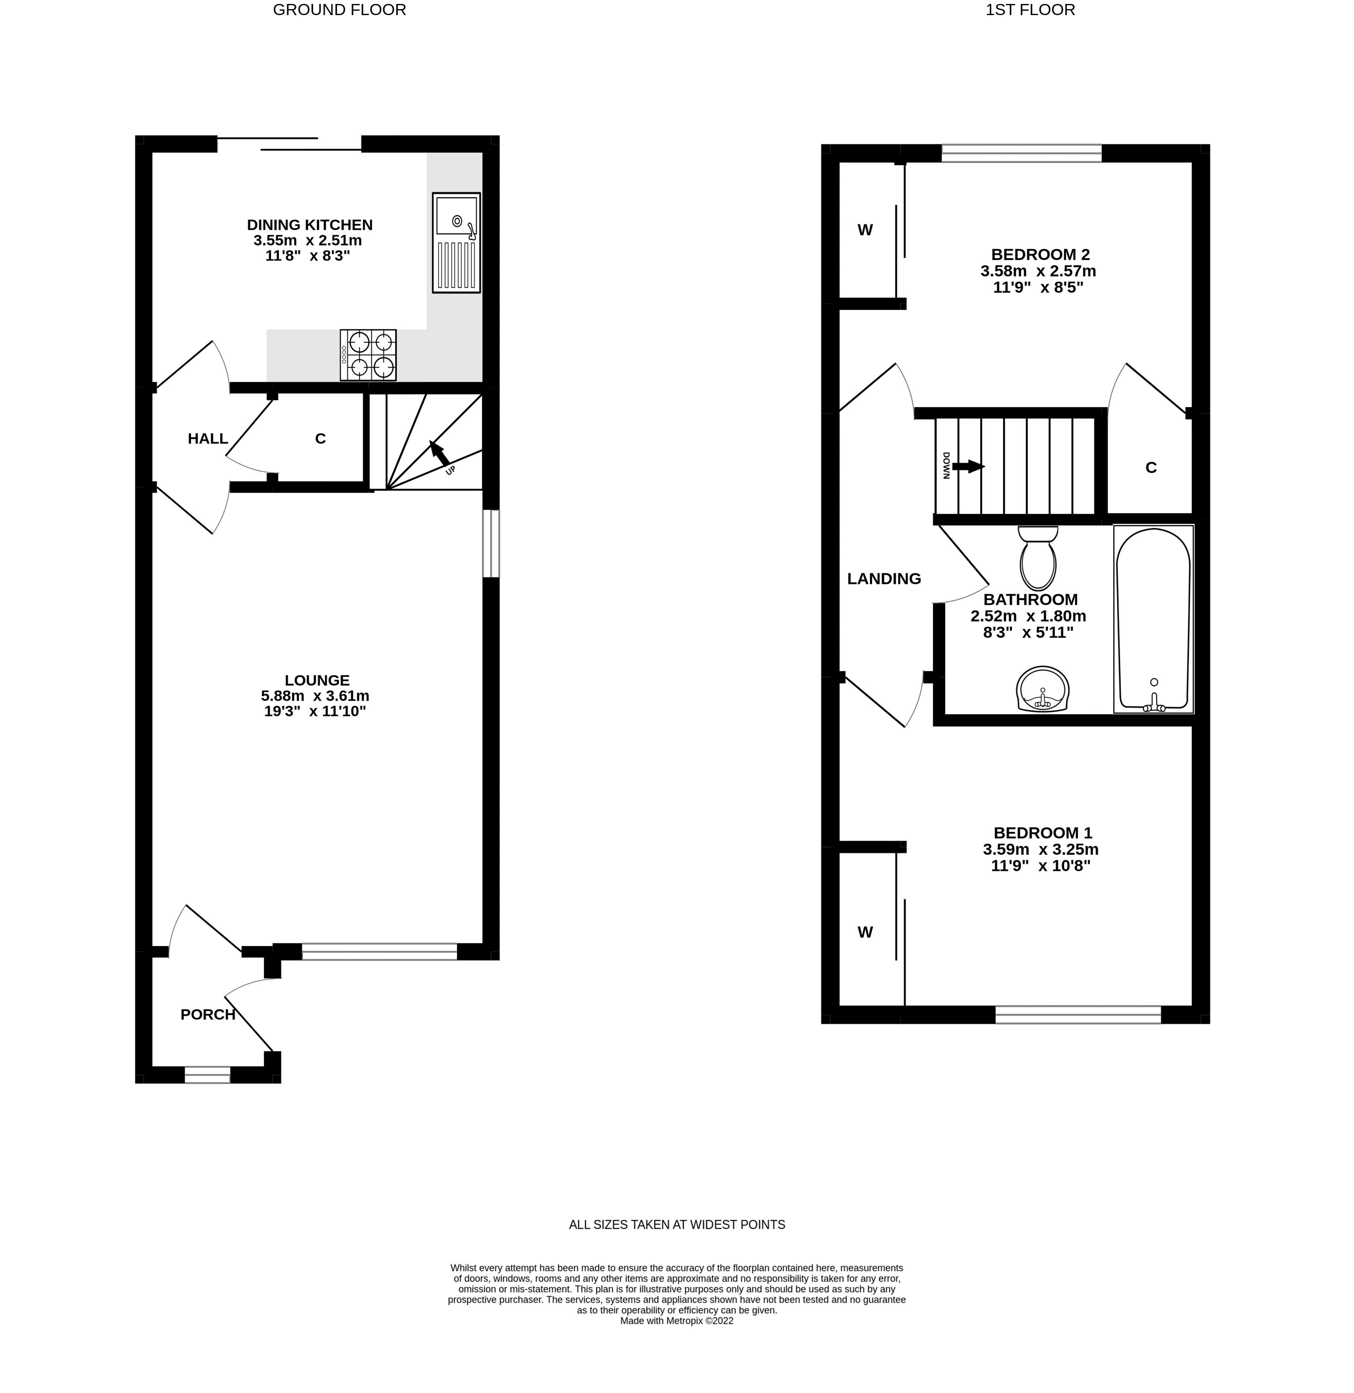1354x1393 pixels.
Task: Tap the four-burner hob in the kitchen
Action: pyautogui.click(x=368, y=355)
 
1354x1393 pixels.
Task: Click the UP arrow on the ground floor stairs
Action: pyautogui.click(x=439, y=453)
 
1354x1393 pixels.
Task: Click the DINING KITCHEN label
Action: pyautogui.click(x=309, y=225)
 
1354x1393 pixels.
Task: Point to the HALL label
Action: pyautogui.click(x=208, y=439)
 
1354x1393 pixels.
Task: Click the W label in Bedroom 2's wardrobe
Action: pyautogui.click(x=865, y=230)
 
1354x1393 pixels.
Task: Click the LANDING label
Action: pyautogui.click(x=884, y=579)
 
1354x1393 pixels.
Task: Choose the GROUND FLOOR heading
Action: pyautogui.click(x=339, y=10)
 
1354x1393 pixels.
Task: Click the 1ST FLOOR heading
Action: pyautogui.click(x=1030, y=10)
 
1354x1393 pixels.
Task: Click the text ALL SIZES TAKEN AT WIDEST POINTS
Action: pyautogui.click(x=676, y=1225)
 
